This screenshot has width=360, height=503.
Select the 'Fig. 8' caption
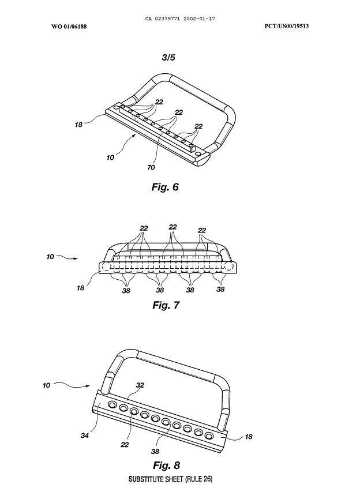point(166,464)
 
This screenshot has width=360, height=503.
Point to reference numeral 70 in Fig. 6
point(151,167)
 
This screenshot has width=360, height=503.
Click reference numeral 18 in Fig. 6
point(78,123)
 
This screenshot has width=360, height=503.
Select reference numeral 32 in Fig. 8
point(140,385)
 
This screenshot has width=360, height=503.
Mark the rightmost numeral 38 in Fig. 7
point(220,289)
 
